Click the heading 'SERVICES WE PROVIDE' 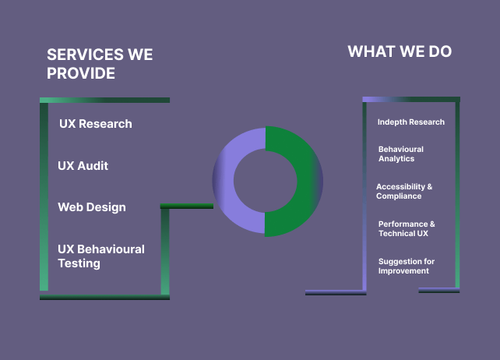(100, 64)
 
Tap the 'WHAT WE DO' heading (400, 52)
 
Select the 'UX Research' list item (96, 124)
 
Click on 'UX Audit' (83, 166)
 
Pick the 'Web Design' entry (92, 207)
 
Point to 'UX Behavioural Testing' (101, 256)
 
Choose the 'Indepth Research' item (411, 122)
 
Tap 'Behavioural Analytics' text (401, 154)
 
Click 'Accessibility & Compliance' (404, 191)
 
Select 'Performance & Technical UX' (407, 228)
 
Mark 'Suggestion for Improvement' (407, 266)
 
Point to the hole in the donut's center (266, 181)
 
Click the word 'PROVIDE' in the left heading (81, 73)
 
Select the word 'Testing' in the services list (79, 263)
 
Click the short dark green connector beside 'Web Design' (187, 206)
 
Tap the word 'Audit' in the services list (93, 166)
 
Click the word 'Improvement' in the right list (403, 271)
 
